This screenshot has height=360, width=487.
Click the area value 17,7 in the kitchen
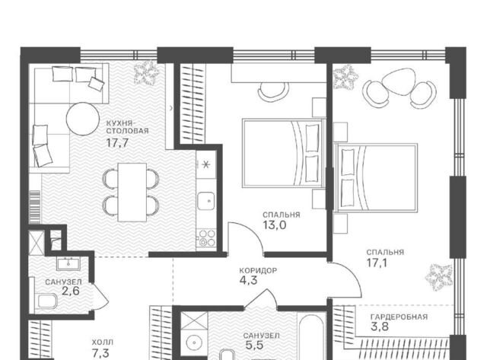coord(117,143)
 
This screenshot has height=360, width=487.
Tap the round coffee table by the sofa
coord(83,119)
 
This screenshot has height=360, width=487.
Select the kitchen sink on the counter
coord(206,201)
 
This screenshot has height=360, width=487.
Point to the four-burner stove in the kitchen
coord(207,237)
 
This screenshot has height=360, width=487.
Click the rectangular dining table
coord(132,193)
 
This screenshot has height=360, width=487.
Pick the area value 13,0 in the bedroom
coord(275,225)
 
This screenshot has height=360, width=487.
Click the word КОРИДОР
coord(258,270)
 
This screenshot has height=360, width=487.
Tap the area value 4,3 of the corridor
coord(249,281)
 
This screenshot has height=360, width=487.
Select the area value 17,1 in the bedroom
coord(377,263)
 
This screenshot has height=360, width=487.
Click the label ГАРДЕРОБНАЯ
coord(399,317)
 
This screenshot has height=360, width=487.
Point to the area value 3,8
coord(380,327)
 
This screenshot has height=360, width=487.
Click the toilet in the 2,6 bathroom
coord(47,301)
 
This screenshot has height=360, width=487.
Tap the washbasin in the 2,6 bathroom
coord(68,264)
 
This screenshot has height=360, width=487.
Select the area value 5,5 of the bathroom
coord(254,345)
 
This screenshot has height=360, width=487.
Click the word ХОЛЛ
coord(103,342)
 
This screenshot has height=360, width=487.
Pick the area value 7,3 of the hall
coord(100,353)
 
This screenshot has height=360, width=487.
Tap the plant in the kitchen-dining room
coord(146,72)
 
